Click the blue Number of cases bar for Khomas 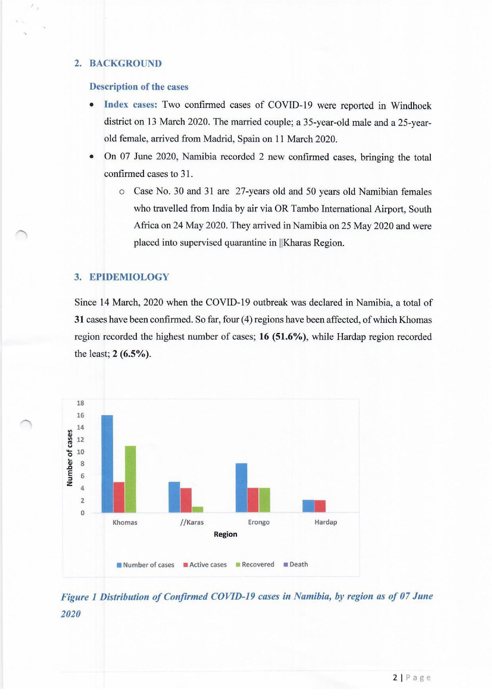tap(107, 464)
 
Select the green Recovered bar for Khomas tap(130, 479)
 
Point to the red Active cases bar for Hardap tap(320, 506)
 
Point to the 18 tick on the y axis tap(80, 403)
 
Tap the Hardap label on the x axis tap(326, 522)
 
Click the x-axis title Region tap(225, 534)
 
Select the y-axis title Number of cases tap(70, 458)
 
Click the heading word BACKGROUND tap(125, 63)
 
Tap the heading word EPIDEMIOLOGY tap(129, 277)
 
